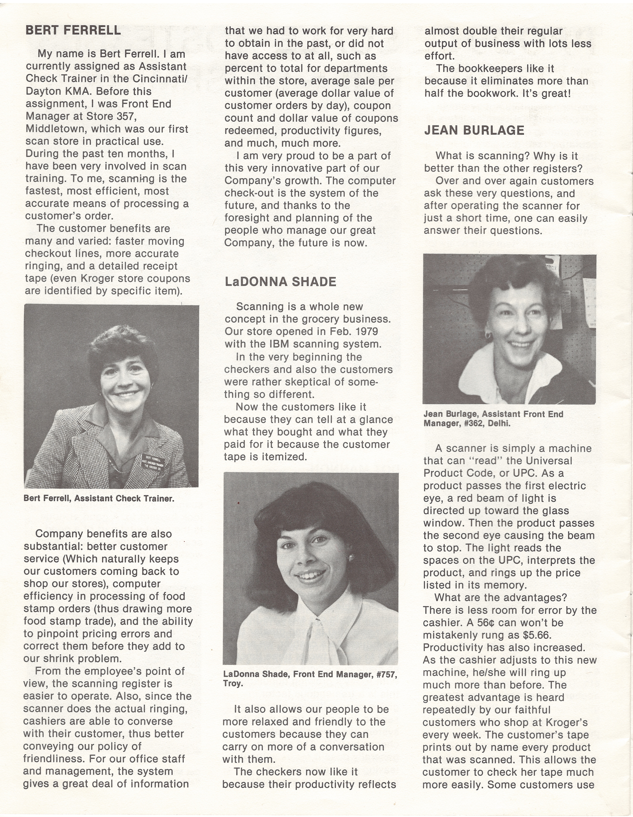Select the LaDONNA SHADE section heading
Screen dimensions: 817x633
coord(280,282)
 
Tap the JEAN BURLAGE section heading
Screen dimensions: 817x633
coord(474,130)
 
